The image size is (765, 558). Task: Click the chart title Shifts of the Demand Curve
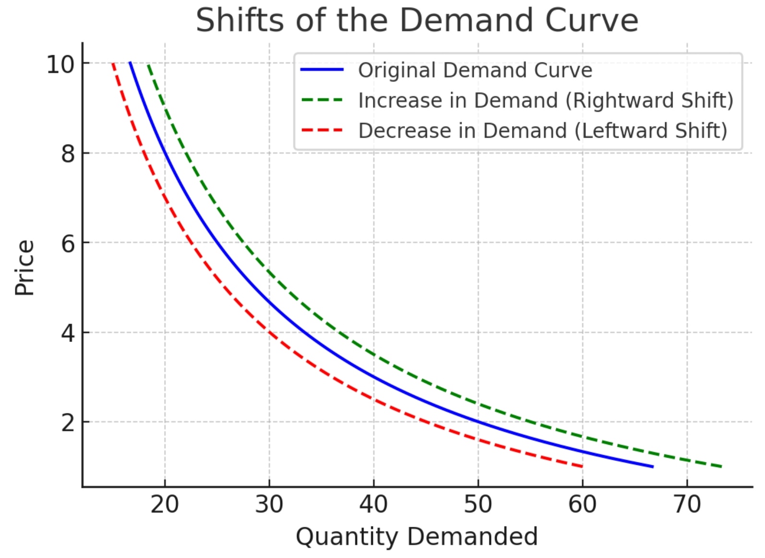417,20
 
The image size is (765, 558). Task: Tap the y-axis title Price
24,267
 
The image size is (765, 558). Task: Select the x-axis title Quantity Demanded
417,536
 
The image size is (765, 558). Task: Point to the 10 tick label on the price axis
60,64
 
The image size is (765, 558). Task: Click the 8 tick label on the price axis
68,154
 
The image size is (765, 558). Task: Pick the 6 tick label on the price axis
68,243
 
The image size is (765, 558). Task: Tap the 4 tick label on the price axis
68,333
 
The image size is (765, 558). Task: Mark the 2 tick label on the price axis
68,423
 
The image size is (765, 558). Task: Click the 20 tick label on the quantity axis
165,504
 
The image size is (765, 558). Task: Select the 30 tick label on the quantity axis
269,504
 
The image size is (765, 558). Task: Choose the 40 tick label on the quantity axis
373,504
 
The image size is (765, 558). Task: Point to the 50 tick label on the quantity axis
478,504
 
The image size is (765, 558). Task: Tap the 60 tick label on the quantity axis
582,504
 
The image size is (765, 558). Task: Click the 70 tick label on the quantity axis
687,504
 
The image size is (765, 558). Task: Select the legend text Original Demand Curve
475,70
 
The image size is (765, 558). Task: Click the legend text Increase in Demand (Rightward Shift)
546,100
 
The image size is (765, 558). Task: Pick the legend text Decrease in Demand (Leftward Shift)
543,131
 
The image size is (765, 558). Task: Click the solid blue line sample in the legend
322,70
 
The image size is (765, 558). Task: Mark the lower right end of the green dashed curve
721,466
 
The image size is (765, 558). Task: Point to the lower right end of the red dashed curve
582,466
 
